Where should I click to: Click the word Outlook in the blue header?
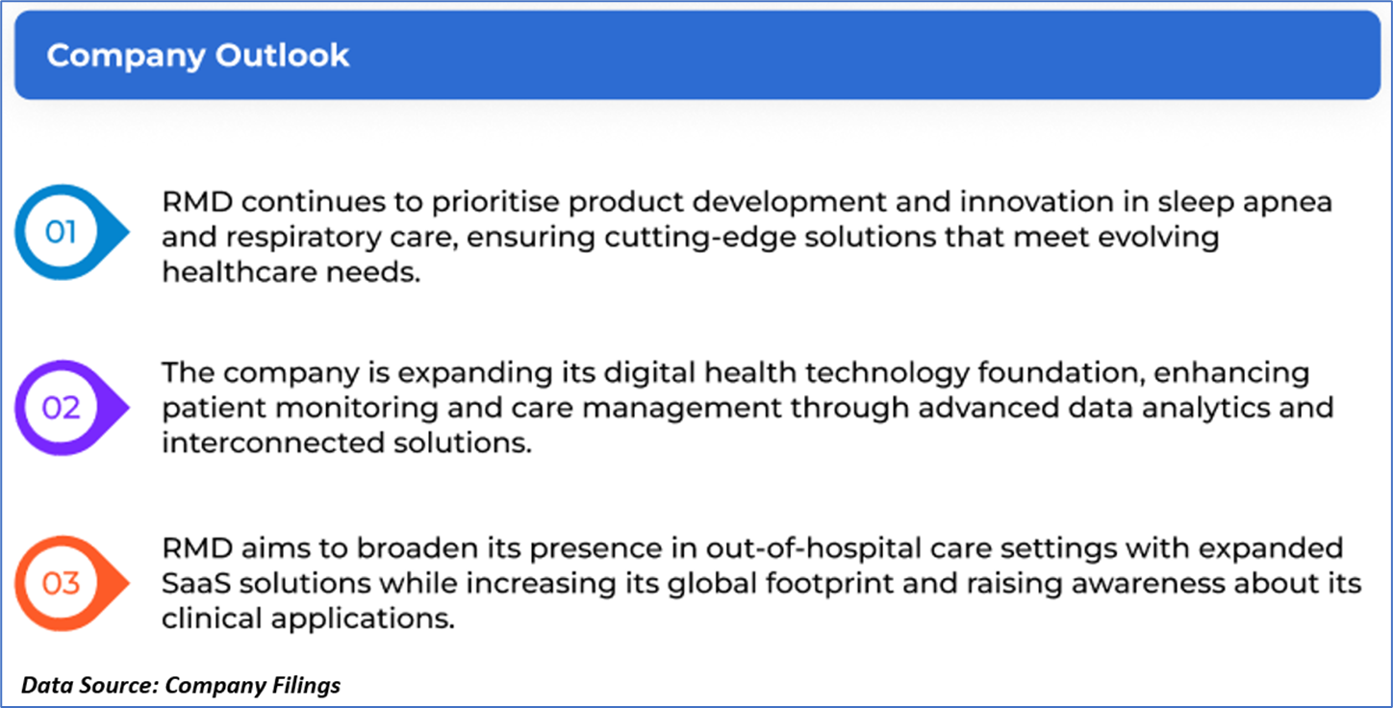(282, 55)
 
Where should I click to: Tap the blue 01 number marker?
(71, 232)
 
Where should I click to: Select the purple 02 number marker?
(71, 408)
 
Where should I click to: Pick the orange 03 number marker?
(71, 584)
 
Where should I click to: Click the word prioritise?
(495, 203)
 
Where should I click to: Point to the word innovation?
(1036, 201)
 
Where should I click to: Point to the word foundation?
(1061, 373)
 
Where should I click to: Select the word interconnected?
(273, 443)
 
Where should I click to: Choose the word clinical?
(212, 619)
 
